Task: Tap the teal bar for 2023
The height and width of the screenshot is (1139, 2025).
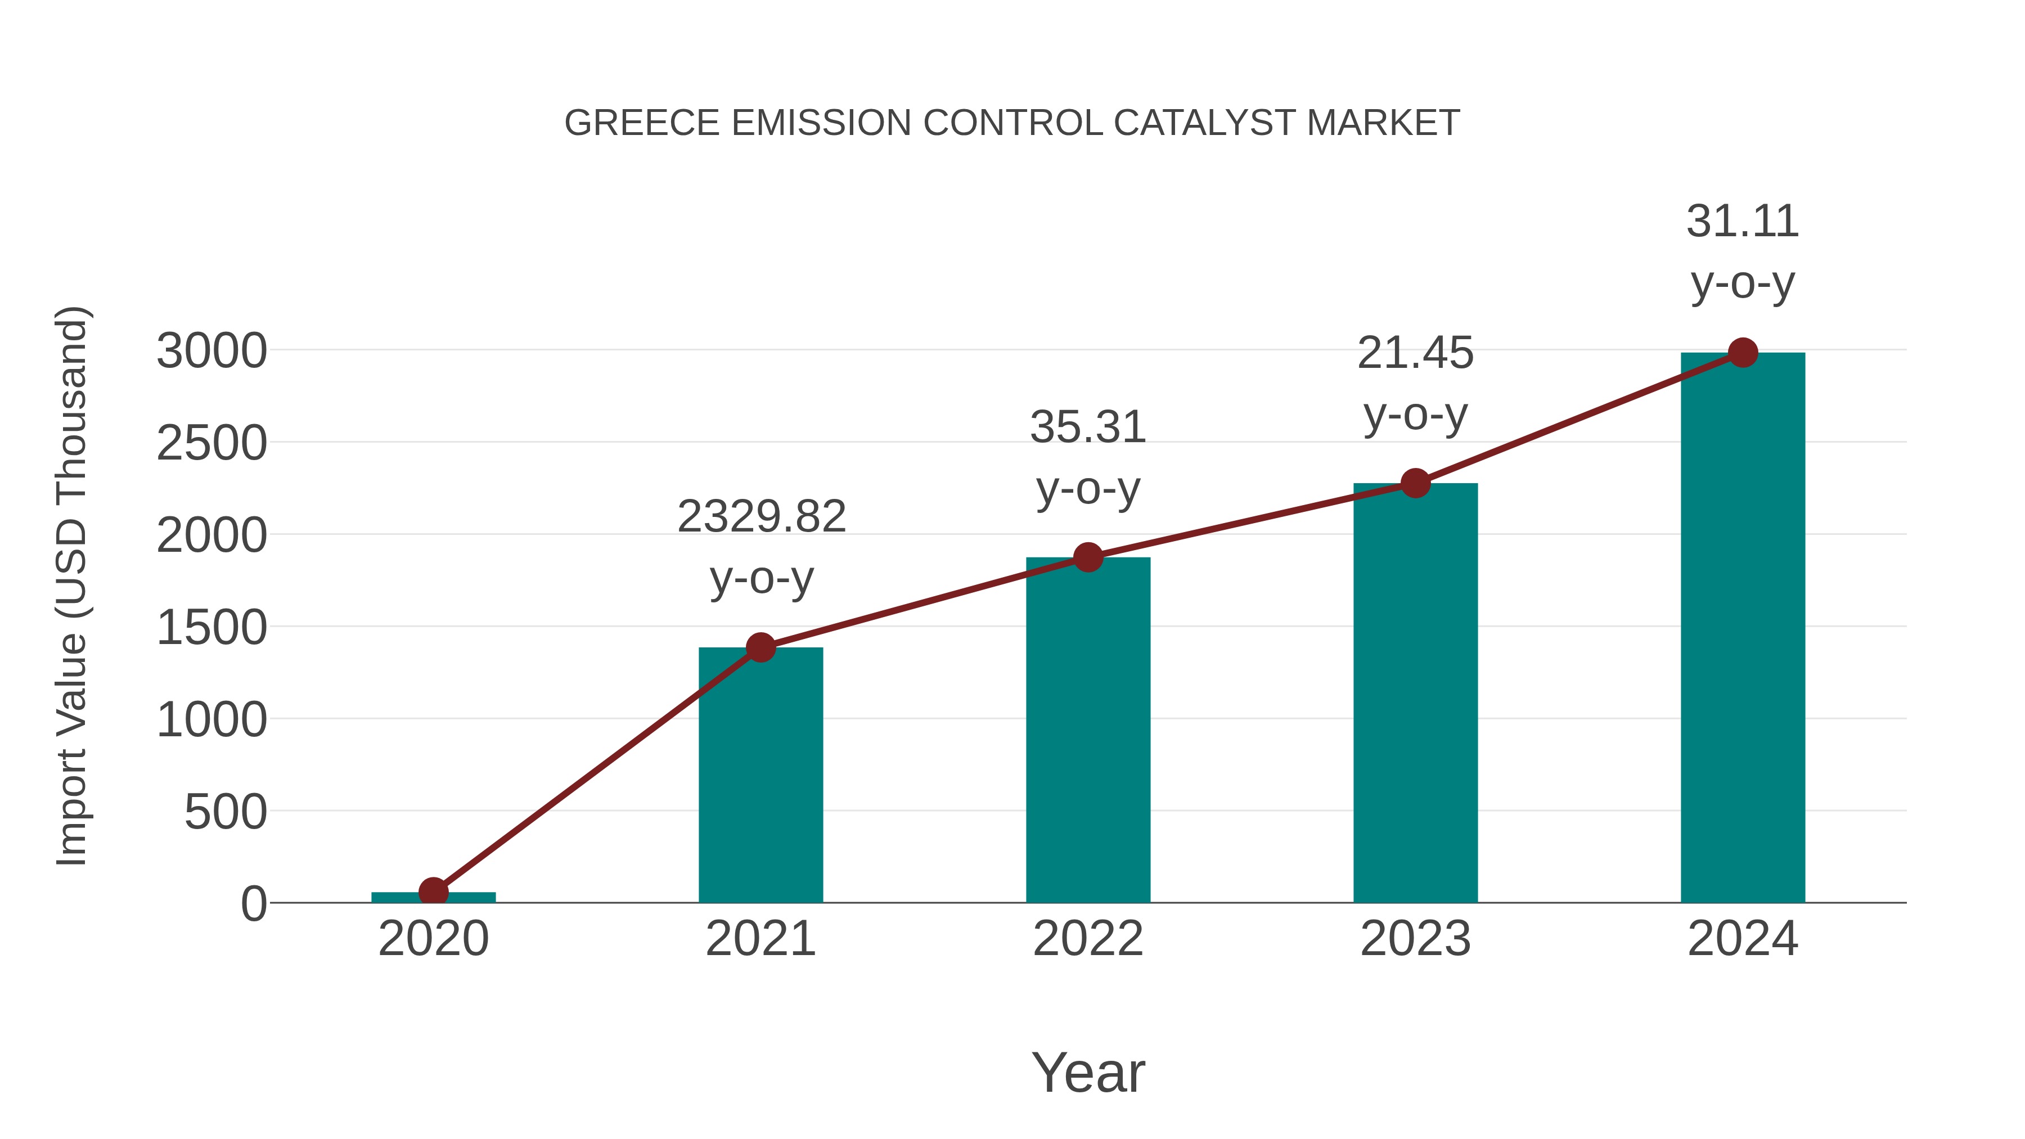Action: click(x=1415, y=692)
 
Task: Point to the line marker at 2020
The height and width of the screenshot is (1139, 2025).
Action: click(x=433, y=892)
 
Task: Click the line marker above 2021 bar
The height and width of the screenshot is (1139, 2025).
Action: click(x=760, y=648)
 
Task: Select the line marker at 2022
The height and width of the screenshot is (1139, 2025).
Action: click(x=1088, y=557)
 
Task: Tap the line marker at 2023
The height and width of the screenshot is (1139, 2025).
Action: click(x=1415, y=483)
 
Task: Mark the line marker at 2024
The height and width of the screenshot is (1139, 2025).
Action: click(x=1743, y=353)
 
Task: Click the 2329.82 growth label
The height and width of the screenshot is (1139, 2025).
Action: click(x=761, y=517)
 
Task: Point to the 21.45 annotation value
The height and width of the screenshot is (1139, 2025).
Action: click(x=1415, y=353)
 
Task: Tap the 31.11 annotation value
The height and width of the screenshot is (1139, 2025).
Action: click(x=1743, y=222)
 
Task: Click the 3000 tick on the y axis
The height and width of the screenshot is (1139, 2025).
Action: click(x=211, y=352)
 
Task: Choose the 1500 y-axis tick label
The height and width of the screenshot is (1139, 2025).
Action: click(x=211, y=628)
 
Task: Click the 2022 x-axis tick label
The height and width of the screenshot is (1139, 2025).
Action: click(x=1088, y=939)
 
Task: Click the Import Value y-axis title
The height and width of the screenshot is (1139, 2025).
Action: click(x=73, y=586)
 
